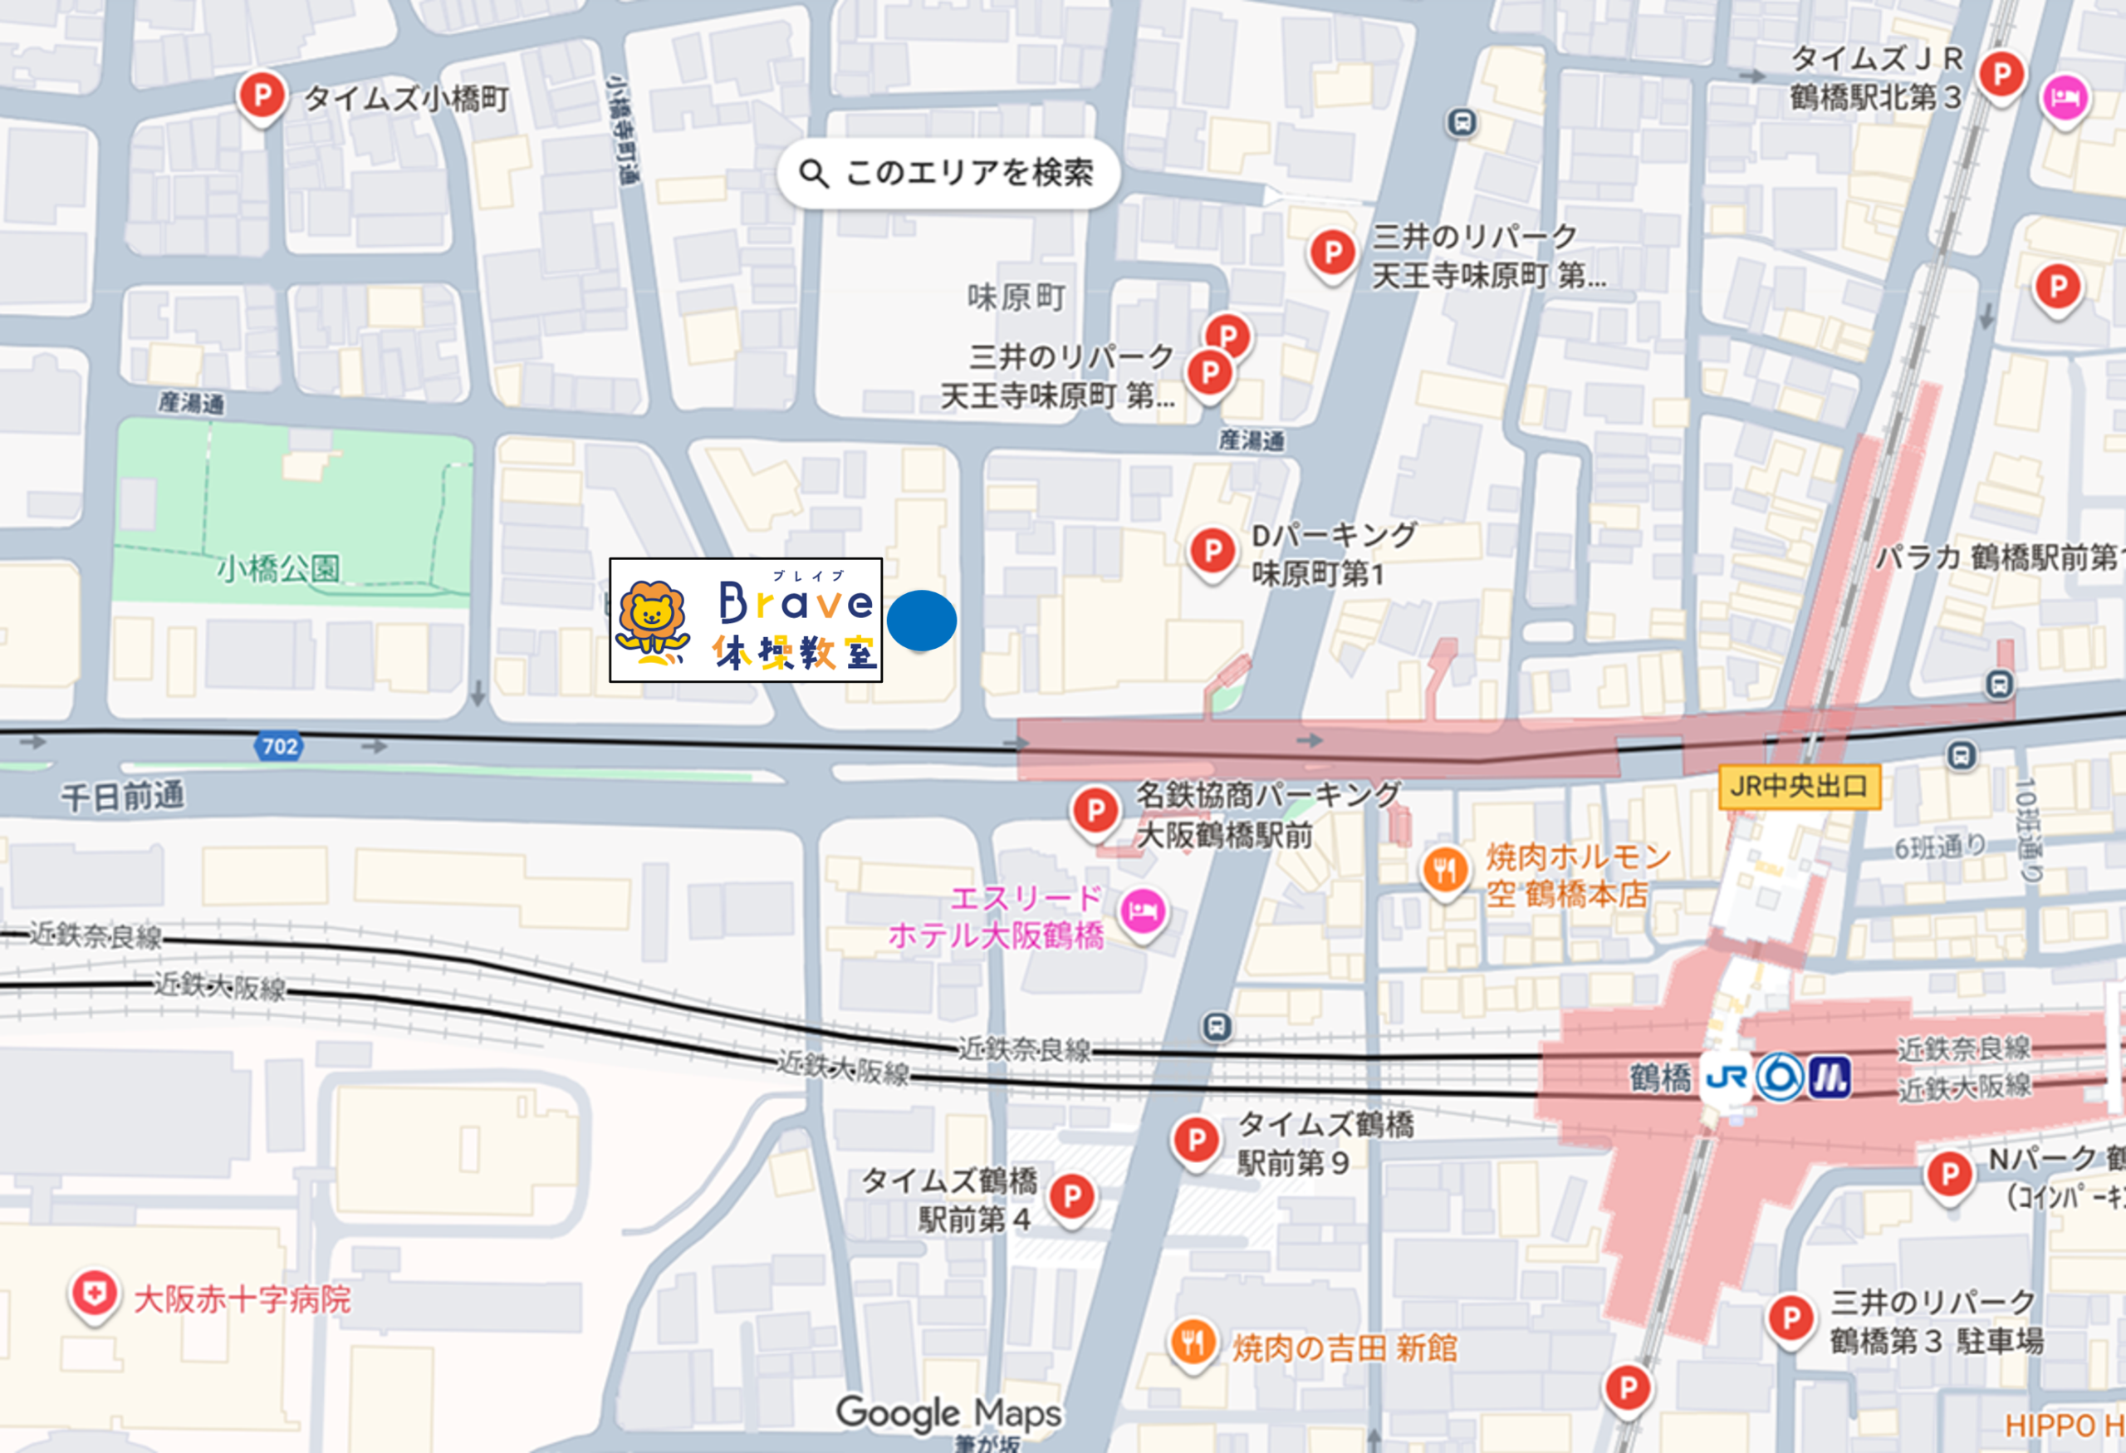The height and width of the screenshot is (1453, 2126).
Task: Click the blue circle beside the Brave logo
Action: [921, 621]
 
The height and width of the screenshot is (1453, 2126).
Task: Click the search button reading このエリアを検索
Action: [948, 173]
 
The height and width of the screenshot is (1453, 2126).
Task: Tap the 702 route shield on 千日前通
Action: [278, 747]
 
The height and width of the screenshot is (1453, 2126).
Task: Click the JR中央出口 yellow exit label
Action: [1799, 786]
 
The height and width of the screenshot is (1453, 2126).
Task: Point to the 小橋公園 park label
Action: [278, 569]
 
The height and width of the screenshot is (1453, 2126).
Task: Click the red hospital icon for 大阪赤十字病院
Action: [93, 1293]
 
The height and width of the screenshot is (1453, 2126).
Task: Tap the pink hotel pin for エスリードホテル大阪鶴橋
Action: [1143, 911]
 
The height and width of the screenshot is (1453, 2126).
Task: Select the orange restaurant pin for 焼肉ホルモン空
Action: [1444, 869]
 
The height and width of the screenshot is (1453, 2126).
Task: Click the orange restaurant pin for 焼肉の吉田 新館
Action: [1192, 1343]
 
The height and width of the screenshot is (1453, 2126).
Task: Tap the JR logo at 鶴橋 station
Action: [1726, 1077]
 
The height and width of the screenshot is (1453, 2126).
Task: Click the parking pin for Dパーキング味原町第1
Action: [1212, 551]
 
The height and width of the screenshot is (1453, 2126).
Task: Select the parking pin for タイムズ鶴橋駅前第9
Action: [1195, 1140]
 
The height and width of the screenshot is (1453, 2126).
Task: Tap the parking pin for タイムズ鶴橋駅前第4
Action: [1071, 1195]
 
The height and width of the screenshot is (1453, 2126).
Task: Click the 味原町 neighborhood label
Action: [1016, 297]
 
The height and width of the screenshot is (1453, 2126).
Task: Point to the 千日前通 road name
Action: [123, 796]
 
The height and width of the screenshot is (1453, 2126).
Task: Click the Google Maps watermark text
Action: [948, 1413]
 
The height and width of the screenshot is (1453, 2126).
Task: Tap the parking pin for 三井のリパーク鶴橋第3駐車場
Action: [1790, 1318]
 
